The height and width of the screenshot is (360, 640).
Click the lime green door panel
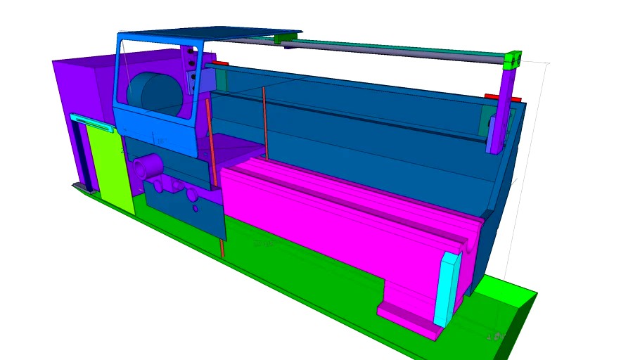109,165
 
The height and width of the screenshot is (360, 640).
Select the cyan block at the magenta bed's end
447,288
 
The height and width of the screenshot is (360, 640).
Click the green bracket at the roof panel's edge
285,37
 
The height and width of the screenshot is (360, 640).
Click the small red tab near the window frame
219,63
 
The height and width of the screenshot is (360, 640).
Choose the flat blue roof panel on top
211,34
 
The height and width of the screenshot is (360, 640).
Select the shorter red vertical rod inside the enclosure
265,123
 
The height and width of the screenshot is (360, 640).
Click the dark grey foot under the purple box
85,187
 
